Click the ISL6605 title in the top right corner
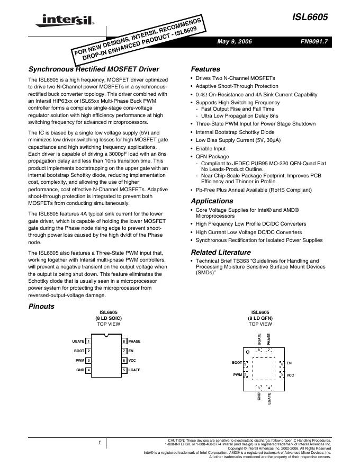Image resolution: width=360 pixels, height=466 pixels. point(312,17)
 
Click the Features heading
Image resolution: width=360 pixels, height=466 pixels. point(205,69)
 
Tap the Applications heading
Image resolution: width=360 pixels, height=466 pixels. point(212,201)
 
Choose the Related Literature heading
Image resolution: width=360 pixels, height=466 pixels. point(220,253)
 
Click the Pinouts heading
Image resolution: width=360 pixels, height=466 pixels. point(41,307)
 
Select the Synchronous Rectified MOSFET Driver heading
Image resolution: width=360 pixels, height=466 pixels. point(93,69)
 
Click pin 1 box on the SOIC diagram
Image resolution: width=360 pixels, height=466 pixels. point(88,342)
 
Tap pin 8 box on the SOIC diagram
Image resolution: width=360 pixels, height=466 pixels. point(124,342)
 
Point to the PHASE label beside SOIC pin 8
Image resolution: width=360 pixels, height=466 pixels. point(134,342)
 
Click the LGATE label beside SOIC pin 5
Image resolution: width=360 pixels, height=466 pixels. point(134,370)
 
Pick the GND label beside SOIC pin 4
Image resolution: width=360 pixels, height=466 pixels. point(80,370)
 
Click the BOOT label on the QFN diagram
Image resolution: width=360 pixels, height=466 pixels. point(237,363)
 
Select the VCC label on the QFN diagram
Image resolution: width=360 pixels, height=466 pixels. point(290,375)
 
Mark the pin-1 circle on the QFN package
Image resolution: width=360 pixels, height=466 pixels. point(247,351)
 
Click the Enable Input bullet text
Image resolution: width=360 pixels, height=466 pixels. point(210,149)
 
